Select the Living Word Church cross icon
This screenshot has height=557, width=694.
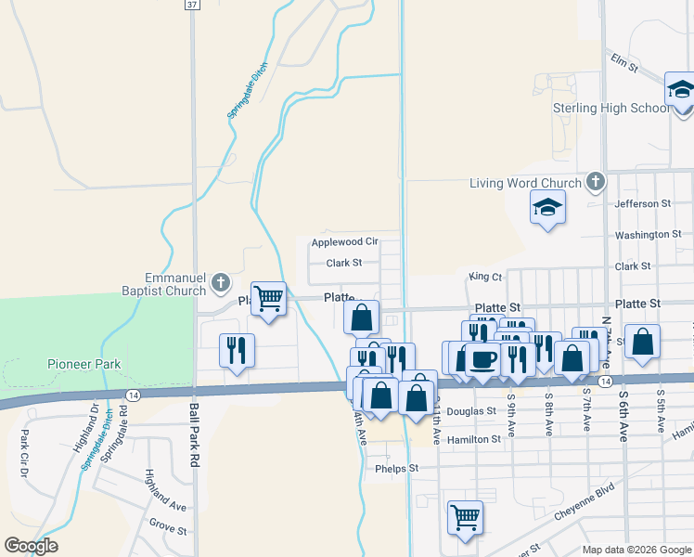[x=596, y=182]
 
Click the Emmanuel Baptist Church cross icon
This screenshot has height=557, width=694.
[x=220, y=281]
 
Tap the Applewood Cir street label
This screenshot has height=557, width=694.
[x=345, y=241]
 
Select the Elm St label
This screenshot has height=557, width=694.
[x=624, y=66]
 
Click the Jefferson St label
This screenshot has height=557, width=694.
[x=642, y=203]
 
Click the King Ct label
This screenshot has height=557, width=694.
[x=484, y=277]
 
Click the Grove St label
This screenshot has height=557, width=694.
[x=168, y=532]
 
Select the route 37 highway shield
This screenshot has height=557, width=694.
[x=191, y=5]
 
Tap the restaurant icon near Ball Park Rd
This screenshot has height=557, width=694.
[x=236, y=350]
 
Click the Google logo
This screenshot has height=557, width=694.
[x=30, y=546]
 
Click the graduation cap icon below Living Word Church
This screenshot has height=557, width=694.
[x=546, y=208]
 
